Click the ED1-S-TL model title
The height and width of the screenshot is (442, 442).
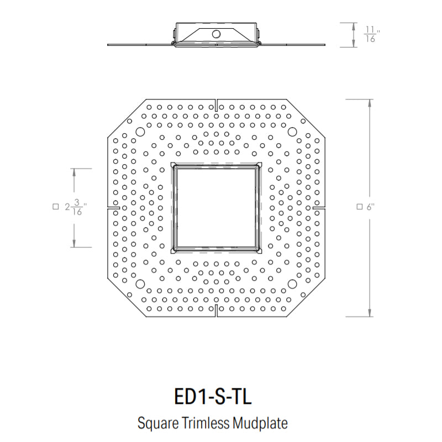point(213,397)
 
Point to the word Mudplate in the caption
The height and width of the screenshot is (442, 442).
point(260,423)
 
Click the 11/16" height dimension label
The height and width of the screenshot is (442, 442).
point(372,34)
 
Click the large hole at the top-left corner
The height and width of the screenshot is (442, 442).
point(140,131)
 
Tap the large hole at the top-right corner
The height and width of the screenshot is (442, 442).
point(292,131)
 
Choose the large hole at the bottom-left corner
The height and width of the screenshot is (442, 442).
point(140,284)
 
